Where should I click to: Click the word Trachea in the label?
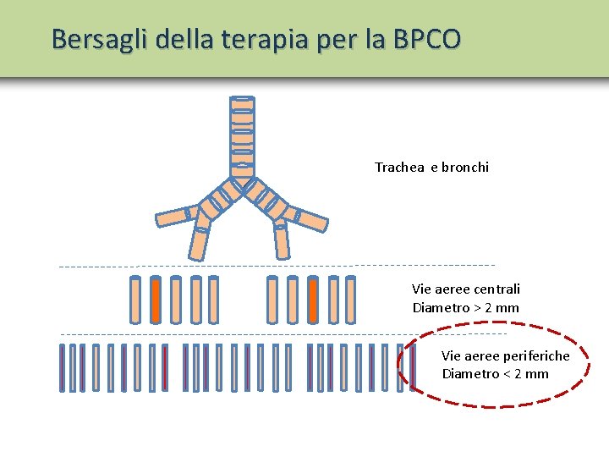(400, 168)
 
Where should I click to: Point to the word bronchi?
(464, 168)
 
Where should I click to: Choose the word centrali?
(497, 289)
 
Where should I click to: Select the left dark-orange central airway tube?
(156, 300)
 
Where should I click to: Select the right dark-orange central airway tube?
(313, 300)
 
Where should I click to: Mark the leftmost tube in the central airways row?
(135, 300)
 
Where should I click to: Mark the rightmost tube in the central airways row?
(351, 300)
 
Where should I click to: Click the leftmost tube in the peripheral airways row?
(62, 367)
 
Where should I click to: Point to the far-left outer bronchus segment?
(172, 217)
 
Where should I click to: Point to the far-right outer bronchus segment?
(311, 218)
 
